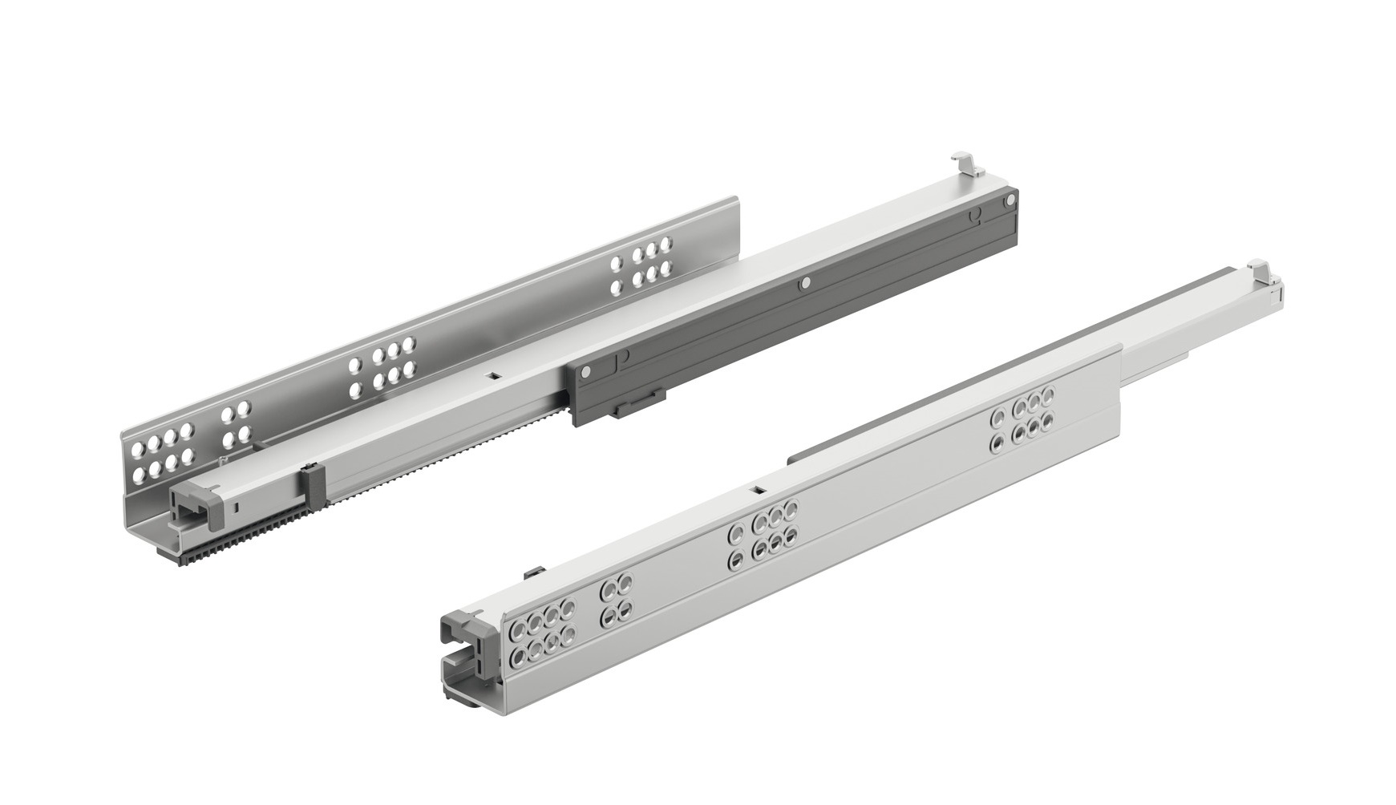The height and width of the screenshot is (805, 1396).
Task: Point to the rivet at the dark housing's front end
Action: click(590, 372)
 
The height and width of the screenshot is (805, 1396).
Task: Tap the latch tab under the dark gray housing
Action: click(637, 406)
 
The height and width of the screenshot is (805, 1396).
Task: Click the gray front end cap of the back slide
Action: click(196, 512)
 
